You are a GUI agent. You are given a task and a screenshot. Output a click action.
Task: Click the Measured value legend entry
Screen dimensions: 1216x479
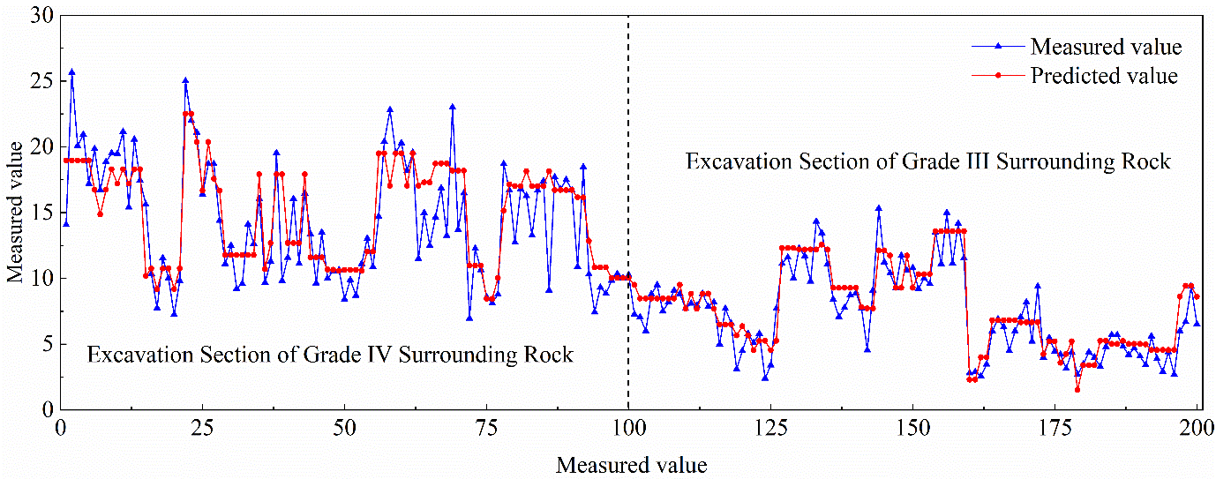point(1077,47)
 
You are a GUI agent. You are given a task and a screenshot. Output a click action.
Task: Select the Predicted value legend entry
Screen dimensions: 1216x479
point(1074,75)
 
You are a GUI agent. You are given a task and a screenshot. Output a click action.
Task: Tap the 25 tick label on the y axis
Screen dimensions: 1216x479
point(41,81)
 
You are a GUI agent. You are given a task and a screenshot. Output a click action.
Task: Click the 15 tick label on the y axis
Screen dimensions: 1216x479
point(41,213)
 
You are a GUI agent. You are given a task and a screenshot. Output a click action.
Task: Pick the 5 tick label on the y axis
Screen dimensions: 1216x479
point(48,344)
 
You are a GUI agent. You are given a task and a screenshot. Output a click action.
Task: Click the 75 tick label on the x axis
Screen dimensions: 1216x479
point(486,429)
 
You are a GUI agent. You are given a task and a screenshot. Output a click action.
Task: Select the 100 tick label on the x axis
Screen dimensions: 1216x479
point(628,429)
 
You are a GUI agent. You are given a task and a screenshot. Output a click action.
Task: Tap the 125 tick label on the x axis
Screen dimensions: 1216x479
point(770,429)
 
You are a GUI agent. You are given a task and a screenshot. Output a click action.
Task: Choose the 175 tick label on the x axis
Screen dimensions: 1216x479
point(1055,429)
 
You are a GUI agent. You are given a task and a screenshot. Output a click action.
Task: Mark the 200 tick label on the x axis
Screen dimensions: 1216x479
point(1196,429)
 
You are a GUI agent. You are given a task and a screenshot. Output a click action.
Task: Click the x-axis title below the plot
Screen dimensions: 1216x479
point(631,465)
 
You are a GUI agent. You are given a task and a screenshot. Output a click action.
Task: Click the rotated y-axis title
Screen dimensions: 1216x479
point(15,212)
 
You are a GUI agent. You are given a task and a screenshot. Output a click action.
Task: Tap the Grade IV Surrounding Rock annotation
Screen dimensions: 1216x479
point(330,355)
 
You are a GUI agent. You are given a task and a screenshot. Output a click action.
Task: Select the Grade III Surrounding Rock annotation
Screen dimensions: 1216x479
point(928,161)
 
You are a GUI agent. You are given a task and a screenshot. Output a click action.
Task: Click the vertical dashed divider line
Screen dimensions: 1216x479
point(628,213)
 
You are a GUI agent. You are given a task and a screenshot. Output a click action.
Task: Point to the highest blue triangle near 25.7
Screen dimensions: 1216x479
point(71,71)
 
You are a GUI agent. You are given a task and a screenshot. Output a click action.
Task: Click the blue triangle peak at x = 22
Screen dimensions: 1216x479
point(185,80)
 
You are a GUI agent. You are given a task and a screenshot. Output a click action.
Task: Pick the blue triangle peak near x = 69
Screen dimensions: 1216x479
point(453,107)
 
